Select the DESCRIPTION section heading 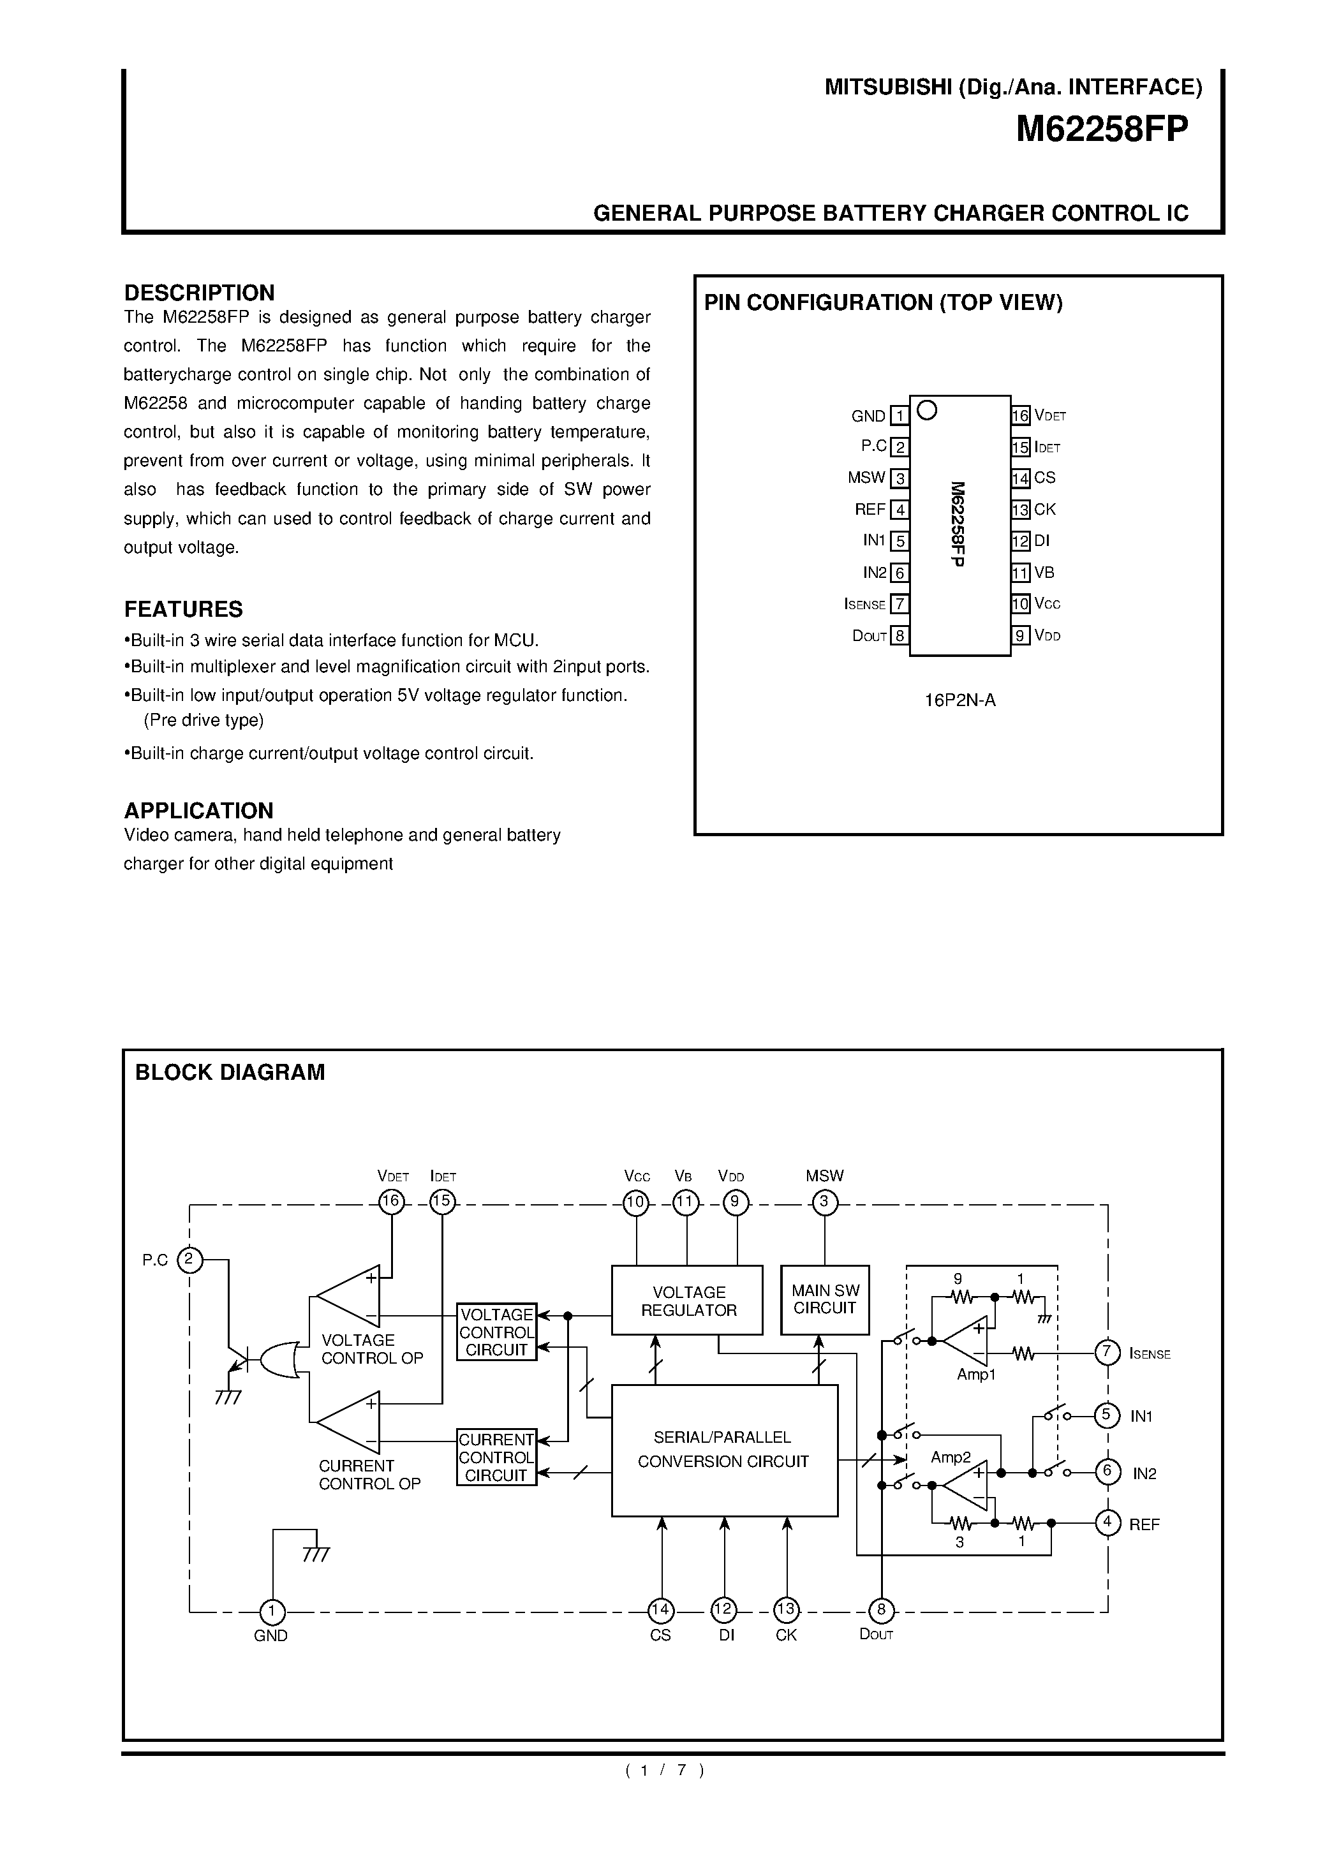click(x=199, y=292)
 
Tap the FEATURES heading click(x=183, y=609)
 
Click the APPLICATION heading click(x=198, y=811)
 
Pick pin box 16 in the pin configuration click(x=1021, y=416)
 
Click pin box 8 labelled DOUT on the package click(x=899, y=635)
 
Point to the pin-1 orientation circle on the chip click(x=927, y=411)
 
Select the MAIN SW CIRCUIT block click(x=825, y=1300)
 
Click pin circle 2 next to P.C click(x=189, y=1260)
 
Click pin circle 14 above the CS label click(x=661, y=1610)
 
